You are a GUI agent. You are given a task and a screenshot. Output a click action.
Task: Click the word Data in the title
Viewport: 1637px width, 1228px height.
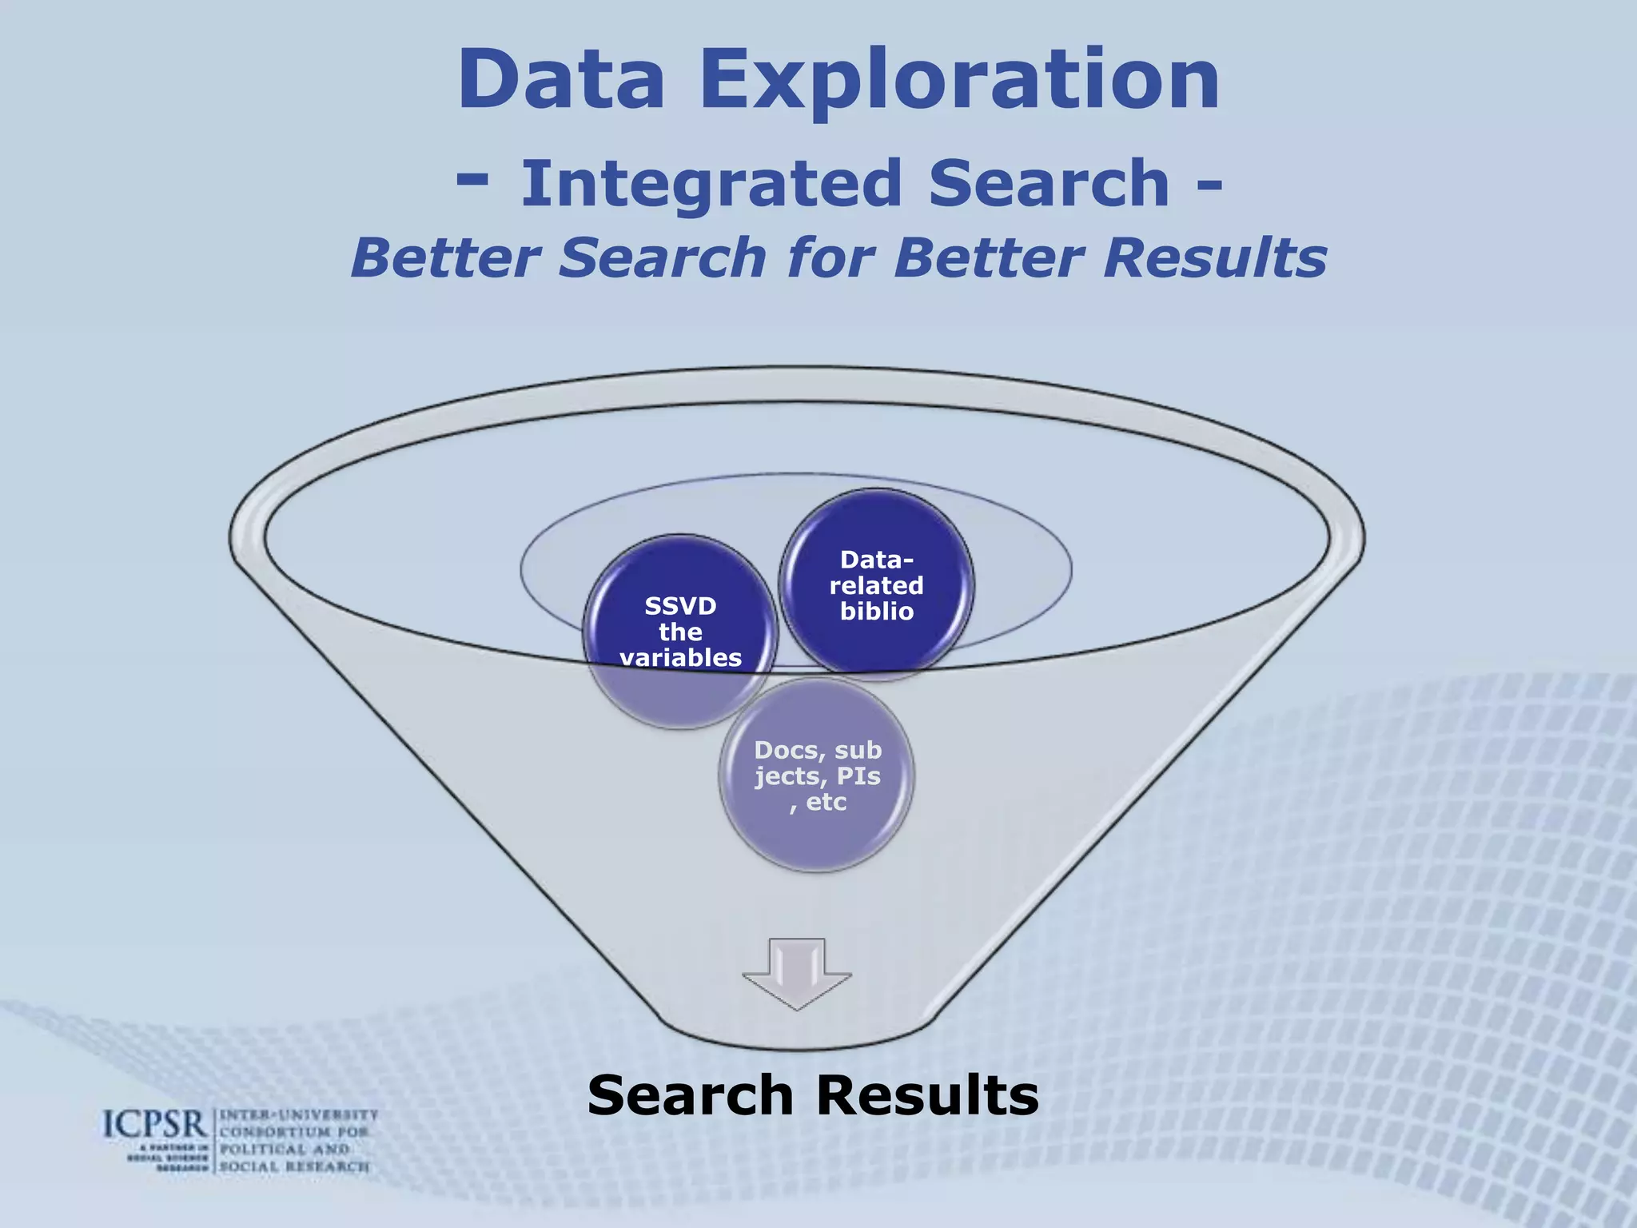click(x=561, y=80)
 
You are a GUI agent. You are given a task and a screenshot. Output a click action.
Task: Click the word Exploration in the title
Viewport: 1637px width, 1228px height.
click(x=960, y=80)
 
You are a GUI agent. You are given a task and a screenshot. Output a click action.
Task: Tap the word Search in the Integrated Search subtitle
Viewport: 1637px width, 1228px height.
click(x=1049, y=183)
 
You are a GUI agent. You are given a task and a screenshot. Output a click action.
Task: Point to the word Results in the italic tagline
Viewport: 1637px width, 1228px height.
click(x=1214, y=257)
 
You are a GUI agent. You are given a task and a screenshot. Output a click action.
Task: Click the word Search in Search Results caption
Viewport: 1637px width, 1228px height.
click(x=689, y=1095)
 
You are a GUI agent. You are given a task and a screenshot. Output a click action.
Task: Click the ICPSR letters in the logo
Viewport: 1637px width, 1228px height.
click(x=155, y=1125)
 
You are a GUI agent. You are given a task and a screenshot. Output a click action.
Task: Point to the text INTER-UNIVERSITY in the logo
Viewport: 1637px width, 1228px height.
click(x=298, y=1114)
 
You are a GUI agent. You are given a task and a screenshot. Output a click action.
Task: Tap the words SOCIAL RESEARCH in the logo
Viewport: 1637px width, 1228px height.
click(x=294, y=1166)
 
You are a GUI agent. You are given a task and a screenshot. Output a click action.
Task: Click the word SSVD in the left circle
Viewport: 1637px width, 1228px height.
click(x=680, y=606)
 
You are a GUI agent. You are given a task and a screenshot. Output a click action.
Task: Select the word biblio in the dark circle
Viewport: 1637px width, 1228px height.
click(x=876, y=612)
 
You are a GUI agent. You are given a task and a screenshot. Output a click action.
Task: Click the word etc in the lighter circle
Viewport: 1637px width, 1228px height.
click(x=826, y=802)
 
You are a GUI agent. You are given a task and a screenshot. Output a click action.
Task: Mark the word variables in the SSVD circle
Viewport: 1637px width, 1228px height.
click(x=680, y=657)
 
